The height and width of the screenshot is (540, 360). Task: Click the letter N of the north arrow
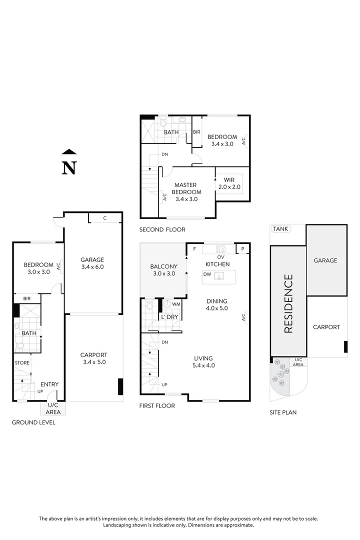pos(69,168)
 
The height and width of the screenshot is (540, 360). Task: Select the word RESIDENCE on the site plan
pos(288,303)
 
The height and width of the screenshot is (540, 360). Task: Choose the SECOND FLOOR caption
pos(162,229)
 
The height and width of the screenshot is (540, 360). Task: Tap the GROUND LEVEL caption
pos(33,422)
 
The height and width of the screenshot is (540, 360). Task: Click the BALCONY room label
pos(163,267)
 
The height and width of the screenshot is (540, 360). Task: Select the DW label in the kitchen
pos(207,274)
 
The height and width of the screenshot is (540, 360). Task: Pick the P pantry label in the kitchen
pos(243,249)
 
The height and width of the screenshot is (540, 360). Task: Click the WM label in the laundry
pos(176,304)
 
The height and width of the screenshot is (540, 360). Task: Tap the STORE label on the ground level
pos(21,363)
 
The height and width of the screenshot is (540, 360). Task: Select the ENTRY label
pos(49,384)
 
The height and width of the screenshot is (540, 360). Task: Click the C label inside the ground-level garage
pos(104,218)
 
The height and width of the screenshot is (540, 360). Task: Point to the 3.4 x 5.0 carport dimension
pos(94,361)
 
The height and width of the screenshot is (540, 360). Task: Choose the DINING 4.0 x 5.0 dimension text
pos(216,308)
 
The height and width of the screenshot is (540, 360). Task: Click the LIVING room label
pos(203,358)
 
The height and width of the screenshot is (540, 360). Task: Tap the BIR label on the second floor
pos(197,132)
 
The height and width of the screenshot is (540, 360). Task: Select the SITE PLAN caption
pos(282,412)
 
